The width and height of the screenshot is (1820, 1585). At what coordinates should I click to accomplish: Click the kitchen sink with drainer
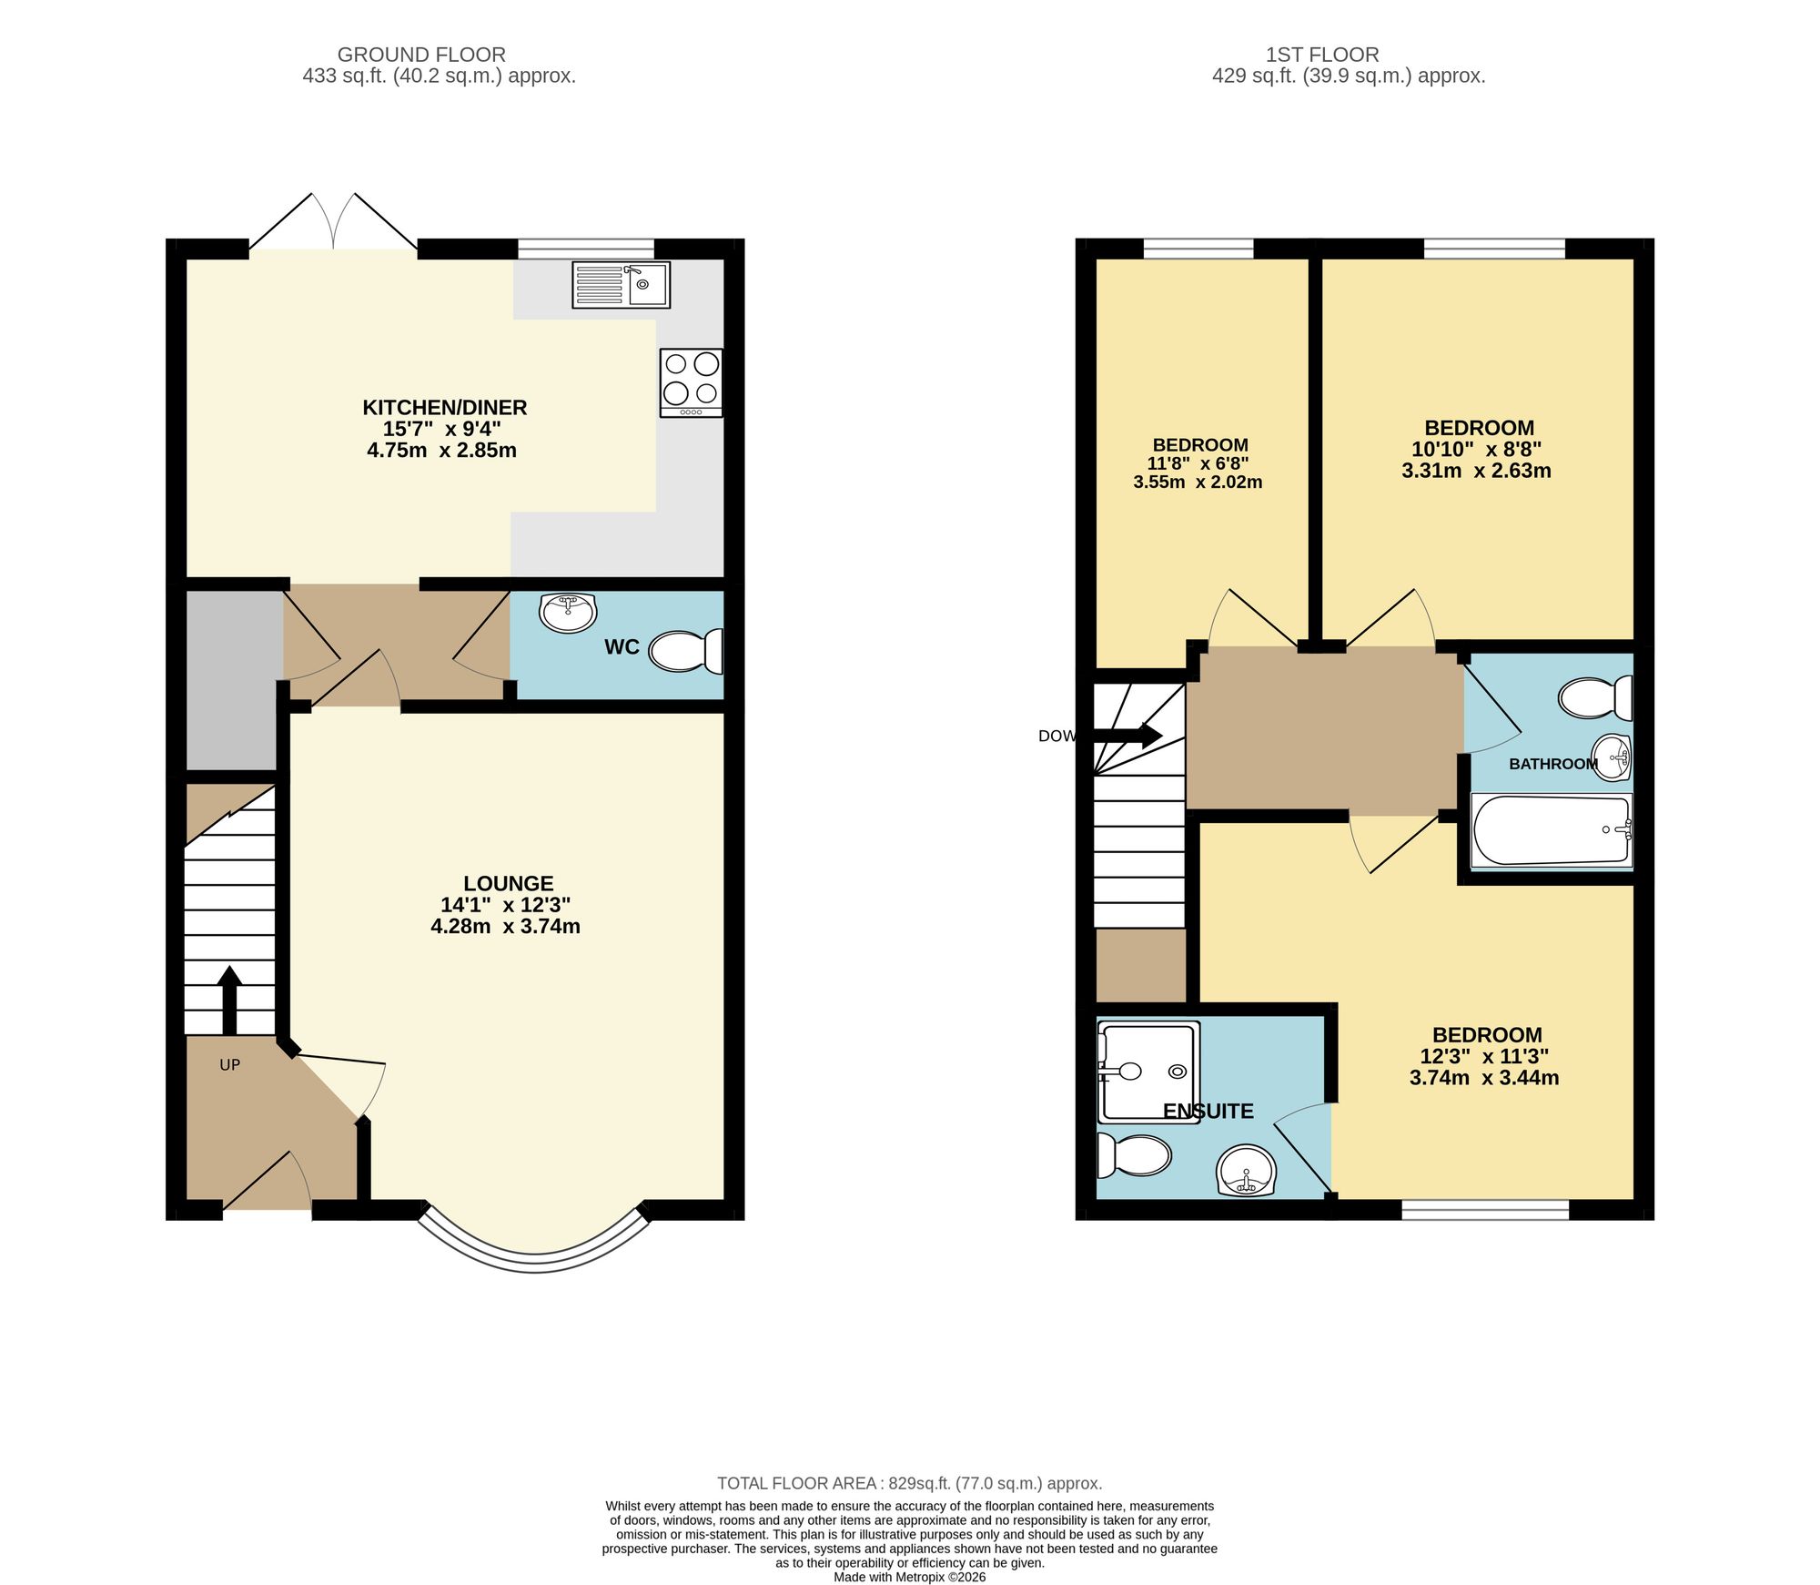621,285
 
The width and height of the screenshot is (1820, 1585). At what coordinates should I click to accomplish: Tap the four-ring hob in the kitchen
692,382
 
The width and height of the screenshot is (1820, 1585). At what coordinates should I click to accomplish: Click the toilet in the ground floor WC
688,652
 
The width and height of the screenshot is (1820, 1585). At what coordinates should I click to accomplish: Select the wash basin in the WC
568,613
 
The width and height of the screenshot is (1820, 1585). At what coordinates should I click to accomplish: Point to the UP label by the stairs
229,1064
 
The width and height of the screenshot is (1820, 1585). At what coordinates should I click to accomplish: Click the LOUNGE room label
508,883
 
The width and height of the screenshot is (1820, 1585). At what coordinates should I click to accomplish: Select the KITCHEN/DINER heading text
444,407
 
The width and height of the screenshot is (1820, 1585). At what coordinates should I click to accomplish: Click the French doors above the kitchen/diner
334,222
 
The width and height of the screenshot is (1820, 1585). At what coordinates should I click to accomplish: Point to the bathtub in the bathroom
1551,830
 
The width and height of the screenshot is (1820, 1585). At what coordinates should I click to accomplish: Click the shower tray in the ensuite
1148,1072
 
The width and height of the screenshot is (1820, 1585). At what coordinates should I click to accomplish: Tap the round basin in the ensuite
1246,1173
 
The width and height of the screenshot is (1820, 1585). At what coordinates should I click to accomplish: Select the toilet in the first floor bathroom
1594,698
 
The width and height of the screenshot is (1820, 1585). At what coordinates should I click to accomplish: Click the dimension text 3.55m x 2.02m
1198,483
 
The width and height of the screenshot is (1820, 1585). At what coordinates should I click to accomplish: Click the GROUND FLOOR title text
421,55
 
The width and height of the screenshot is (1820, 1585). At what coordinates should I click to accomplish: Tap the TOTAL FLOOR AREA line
909,1483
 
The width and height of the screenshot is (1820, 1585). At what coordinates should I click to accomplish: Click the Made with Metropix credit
909,1577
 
